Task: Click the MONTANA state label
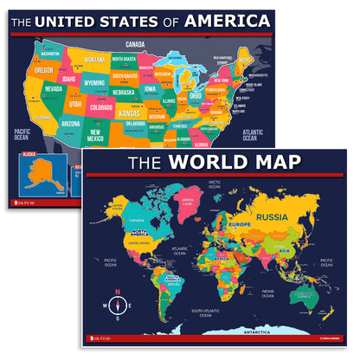(x=94, y=60)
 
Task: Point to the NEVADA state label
(x=52, y=88)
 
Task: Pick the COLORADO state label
(x=100, y=108)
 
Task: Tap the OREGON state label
(x=44, y=70)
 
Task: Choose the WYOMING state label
(x=93, y=83)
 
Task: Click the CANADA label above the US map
(x=134, y=43)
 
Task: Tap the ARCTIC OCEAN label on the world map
(x=215, y=183)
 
